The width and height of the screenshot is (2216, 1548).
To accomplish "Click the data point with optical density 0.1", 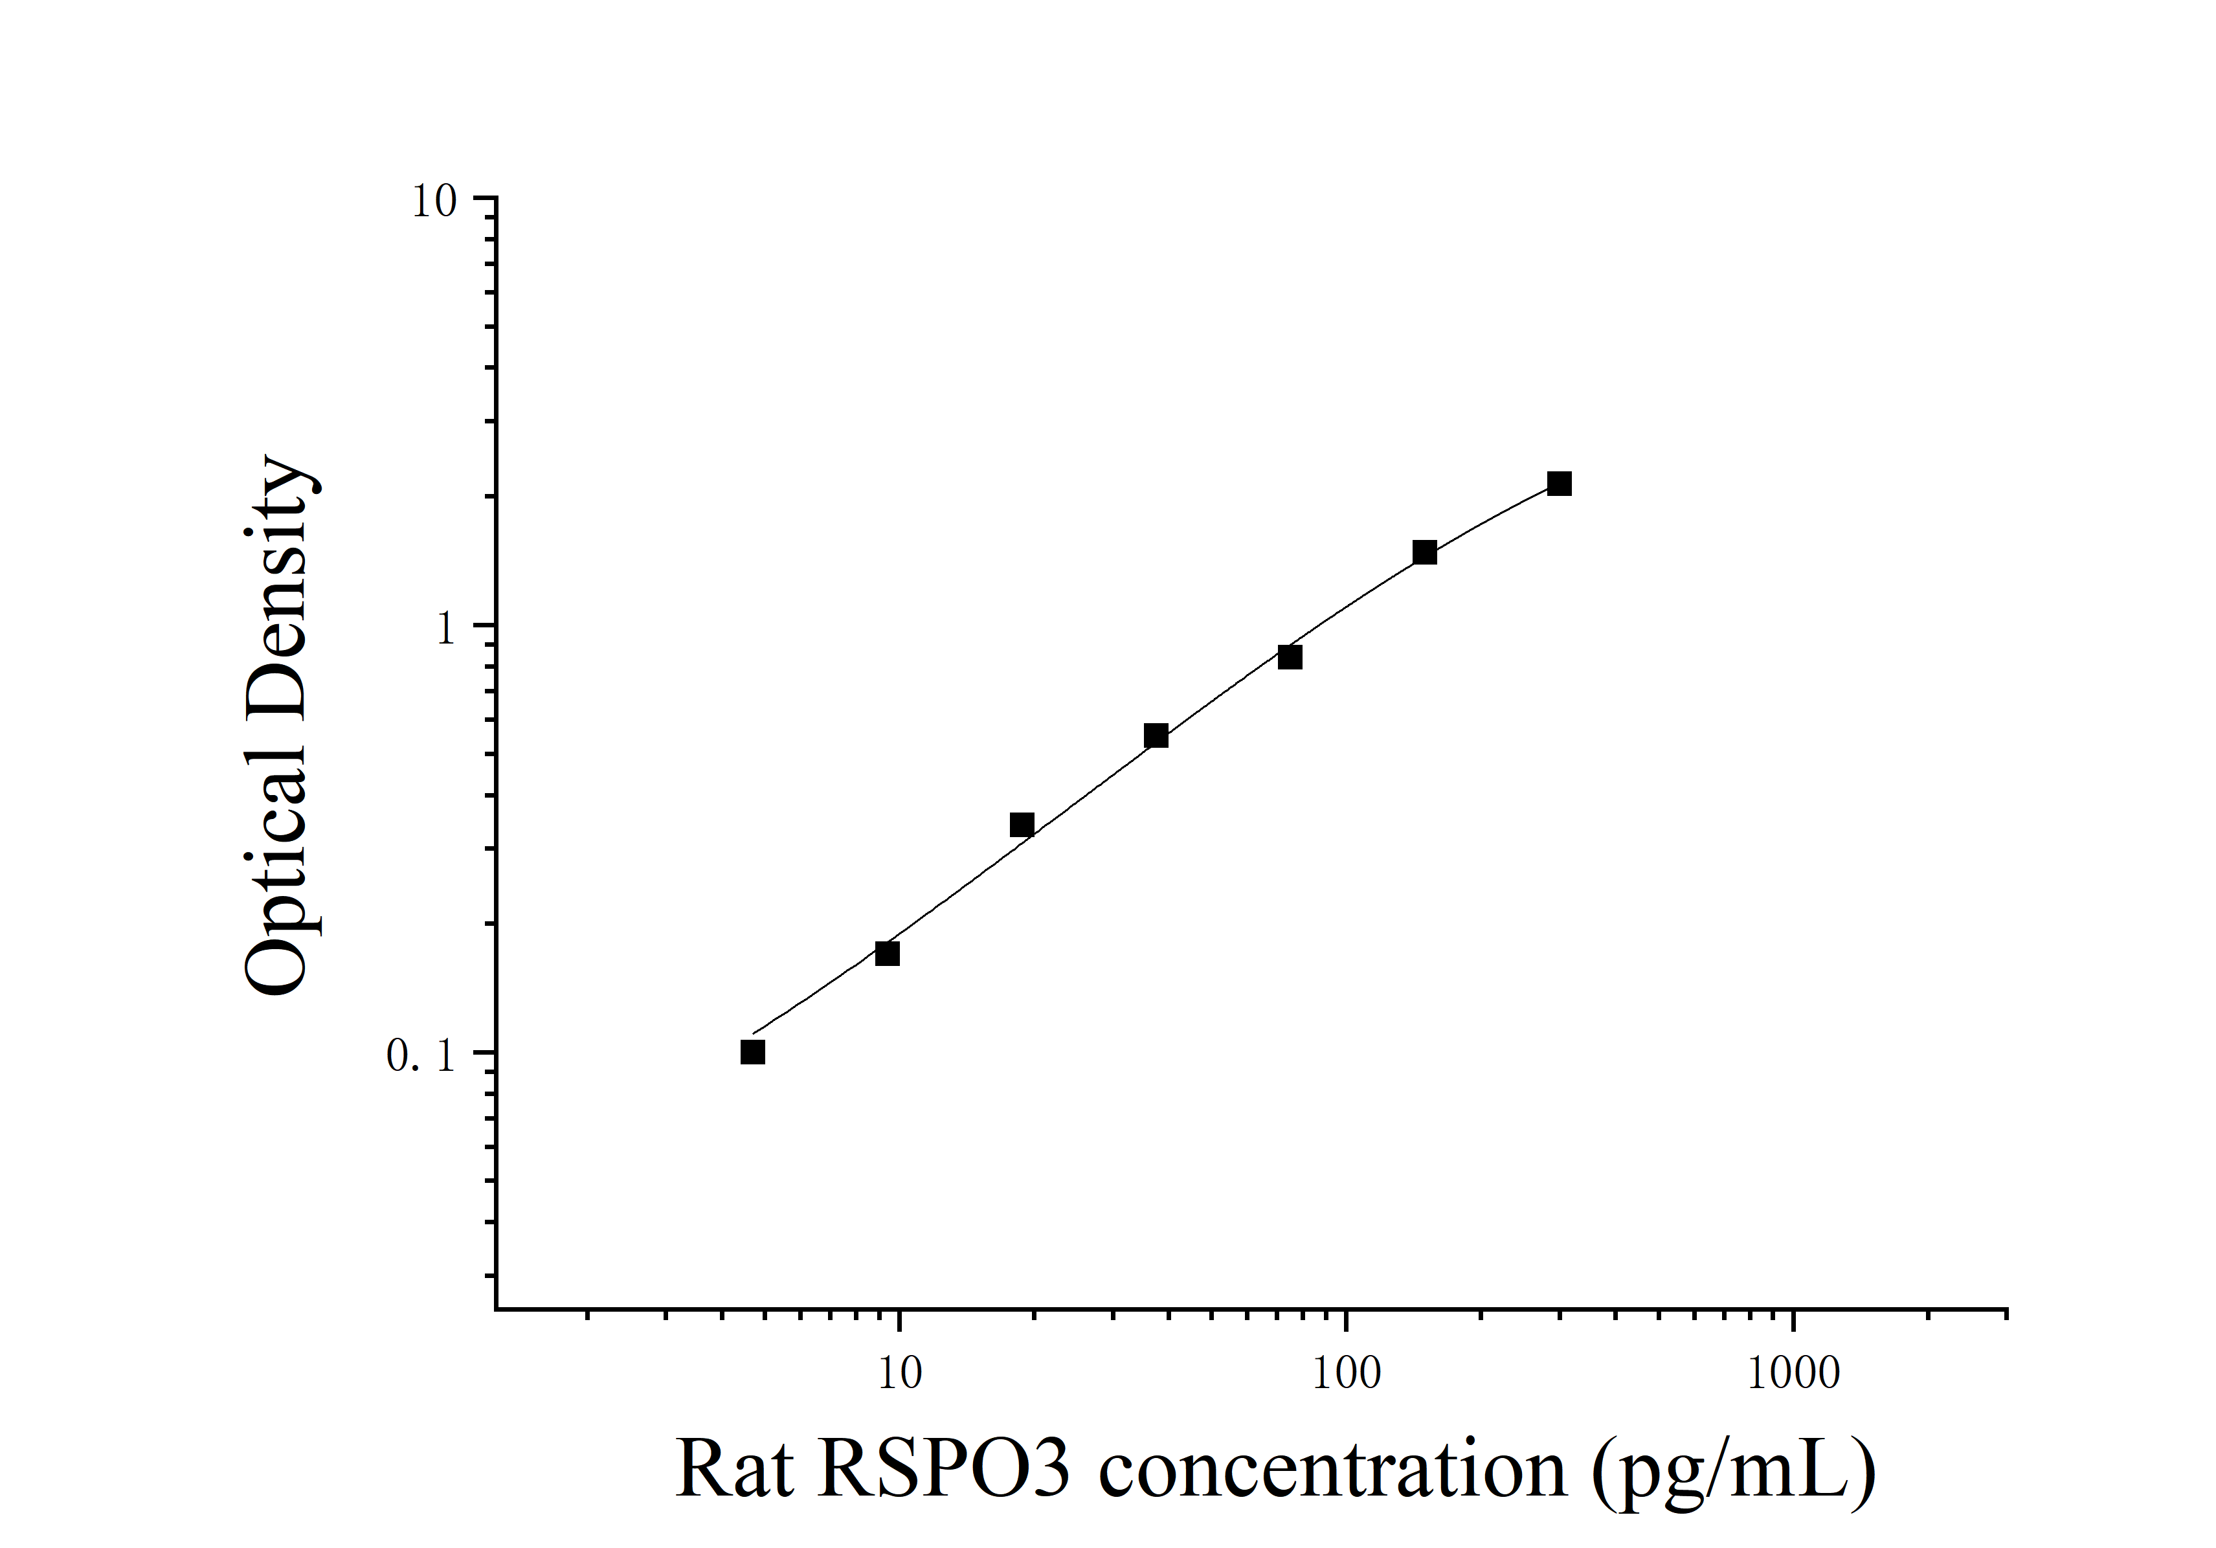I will pyautogui.click(x=753, y=1052).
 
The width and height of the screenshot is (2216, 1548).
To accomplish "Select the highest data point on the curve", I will pyautogui.click(x=1559, y=484).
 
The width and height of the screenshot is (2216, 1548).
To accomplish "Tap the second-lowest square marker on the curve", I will pyautogui.click(x=887, y=954).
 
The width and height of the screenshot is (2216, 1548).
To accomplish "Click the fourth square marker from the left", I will pyautogui.click(x=1156, y=736).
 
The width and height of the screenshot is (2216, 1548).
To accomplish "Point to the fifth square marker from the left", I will pyautogui.click(x=1290, y=657).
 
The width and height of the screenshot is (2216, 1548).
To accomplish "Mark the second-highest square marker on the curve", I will pyautogui.click(x=1424, y=553).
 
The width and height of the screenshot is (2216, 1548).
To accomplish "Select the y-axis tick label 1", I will pyautogui.click(x=445, y=629).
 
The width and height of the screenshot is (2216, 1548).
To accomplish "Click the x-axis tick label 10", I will pyautogui.click(x=899, y=1373).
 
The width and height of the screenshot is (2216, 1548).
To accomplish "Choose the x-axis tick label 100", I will pyautogui.click(x=1347, y=1373).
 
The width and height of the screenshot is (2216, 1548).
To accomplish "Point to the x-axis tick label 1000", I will pyautogui.click(x=1793, y=1373).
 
